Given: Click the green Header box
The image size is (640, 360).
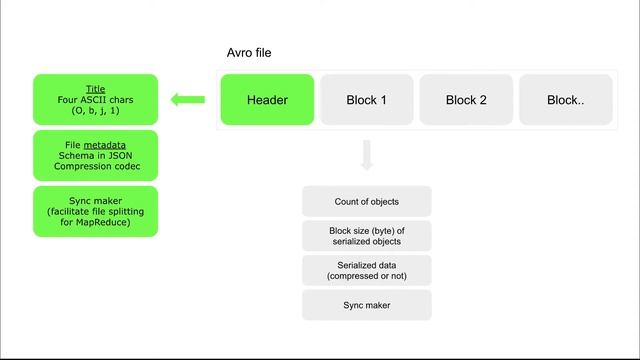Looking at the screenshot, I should coord(267,100).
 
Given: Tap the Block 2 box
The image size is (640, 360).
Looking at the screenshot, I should coord(466,100).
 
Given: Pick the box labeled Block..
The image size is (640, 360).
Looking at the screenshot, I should coord(565,100).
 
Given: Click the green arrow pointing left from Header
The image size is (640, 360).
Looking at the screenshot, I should coord(187,99).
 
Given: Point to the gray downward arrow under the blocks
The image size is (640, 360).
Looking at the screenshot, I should coord(367,155).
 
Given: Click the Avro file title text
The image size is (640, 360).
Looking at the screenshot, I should coord(249,52).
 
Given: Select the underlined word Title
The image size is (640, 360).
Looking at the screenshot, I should coord(95,87).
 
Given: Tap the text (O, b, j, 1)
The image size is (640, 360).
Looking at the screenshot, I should coord(95,112).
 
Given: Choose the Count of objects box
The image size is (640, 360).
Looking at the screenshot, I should coord(367,202).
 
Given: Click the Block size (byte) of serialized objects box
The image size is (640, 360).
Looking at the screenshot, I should coord(367,236).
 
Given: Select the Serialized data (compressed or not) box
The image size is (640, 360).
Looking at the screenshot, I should coord(367,269).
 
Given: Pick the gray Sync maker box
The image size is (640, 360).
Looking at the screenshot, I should coord(367,304).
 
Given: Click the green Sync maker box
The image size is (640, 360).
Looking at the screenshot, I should coord(95,211).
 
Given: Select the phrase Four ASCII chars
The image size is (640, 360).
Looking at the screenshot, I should coord(95,99).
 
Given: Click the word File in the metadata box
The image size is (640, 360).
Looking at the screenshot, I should coord(72,144).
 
